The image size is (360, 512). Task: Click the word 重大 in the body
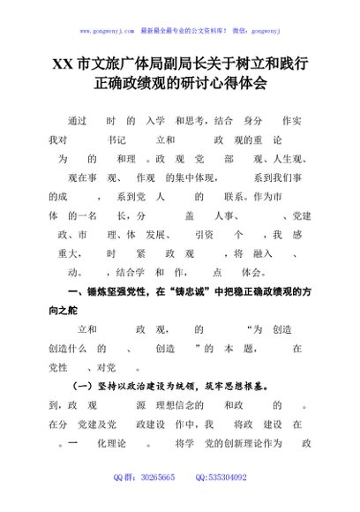68,254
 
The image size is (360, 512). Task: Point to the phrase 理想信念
182,405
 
